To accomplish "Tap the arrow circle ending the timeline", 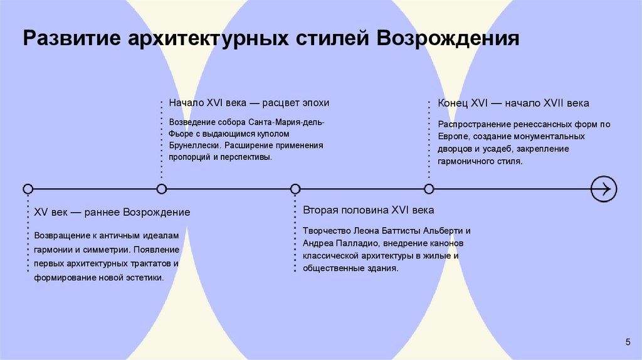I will coord(604,188).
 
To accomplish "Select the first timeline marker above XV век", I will coord(28,188).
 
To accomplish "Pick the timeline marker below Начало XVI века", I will coord(162,188).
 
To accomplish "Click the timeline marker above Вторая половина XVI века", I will coord(295,188).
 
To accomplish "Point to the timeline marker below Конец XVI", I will coord(429,188).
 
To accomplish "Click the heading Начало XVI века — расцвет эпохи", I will coord(249,103).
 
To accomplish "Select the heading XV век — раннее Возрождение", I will coord(112,213).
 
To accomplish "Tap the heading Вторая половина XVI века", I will coord(368,210).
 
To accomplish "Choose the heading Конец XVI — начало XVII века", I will coord(513,103).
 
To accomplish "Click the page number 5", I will coord(628,341).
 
